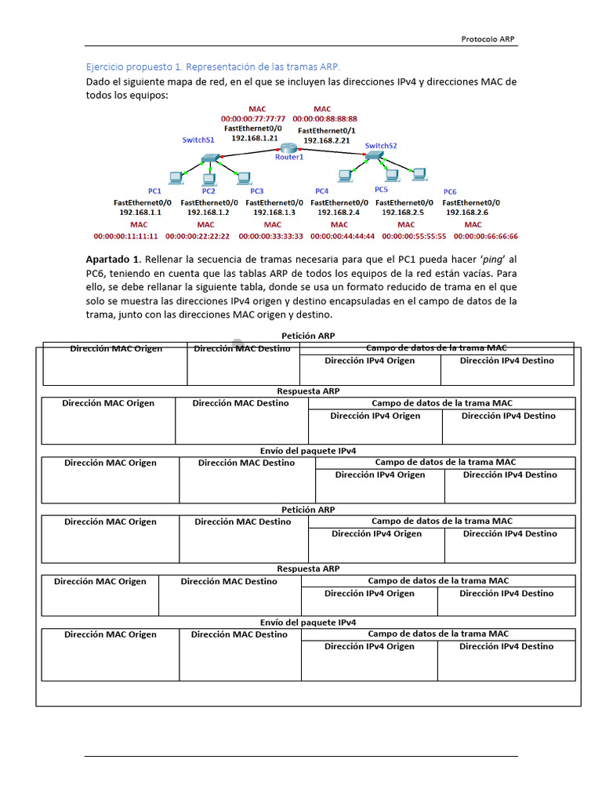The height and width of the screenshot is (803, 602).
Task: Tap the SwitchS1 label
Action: point(198,140)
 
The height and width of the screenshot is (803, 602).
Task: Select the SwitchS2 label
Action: point(381,145)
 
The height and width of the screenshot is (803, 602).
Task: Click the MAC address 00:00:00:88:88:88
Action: point(325,118)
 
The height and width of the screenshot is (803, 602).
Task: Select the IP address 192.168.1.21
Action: point(255,137)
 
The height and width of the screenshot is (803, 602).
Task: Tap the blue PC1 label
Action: point(154,191)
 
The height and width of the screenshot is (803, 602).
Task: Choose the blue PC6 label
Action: point(450,191)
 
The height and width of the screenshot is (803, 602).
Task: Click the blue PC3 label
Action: point(257,191)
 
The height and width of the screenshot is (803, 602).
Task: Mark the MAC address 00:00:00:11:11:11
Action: point(125,235)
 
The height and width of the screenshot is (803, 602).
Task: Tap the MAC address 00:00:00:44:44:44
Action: point(343,235)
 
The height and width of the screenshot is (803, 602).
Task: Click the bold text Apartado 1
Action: point(113,259)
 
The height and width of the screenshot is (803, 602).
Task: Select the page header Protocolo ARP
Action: point(488,39)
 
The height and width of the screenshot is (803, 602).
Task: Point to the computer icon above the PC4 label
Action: point(343,176)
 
